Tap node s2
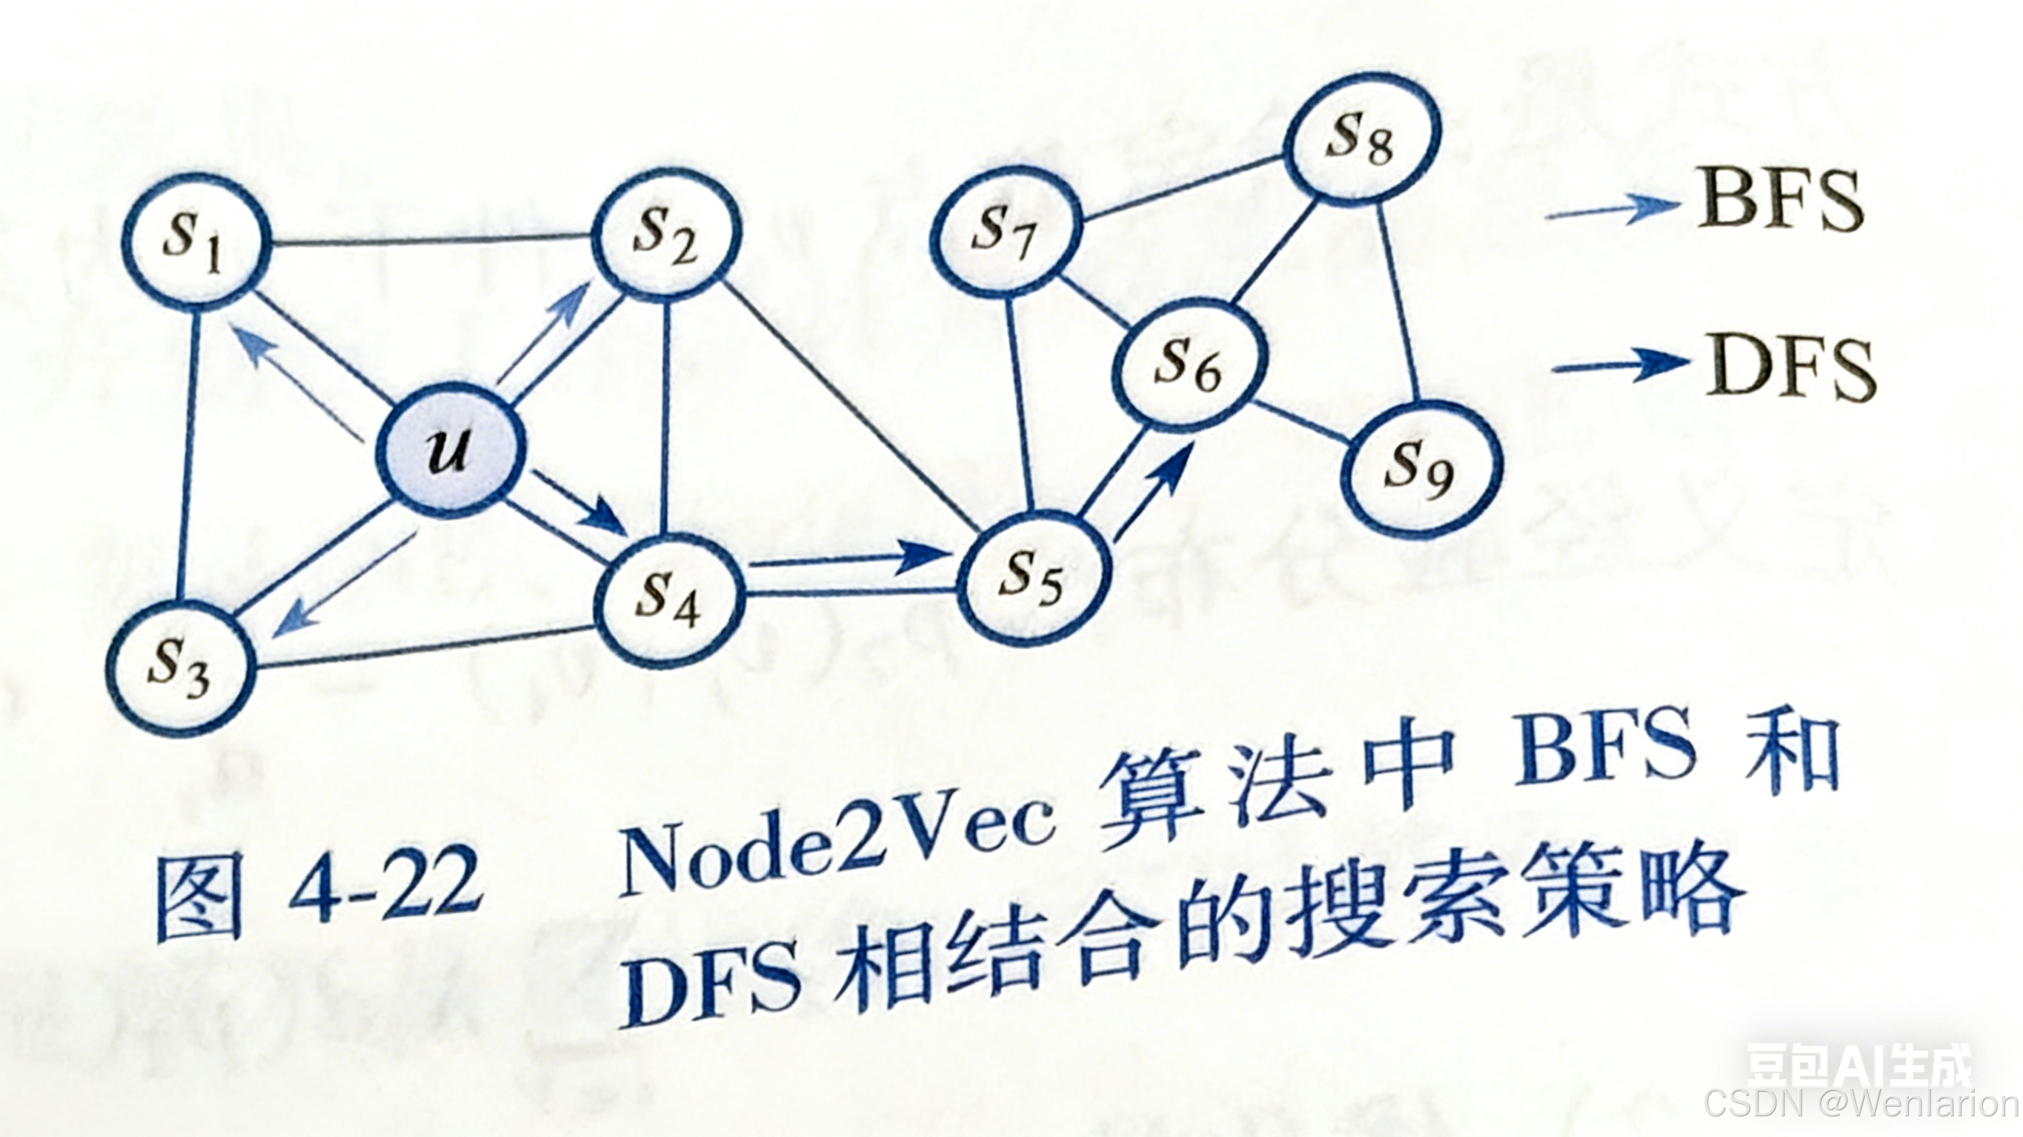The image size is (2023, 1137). tap(666, 236)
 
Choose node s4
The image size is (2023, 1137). tap(668, 601)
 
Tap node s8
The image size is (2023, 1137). tap(1361, 141)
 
